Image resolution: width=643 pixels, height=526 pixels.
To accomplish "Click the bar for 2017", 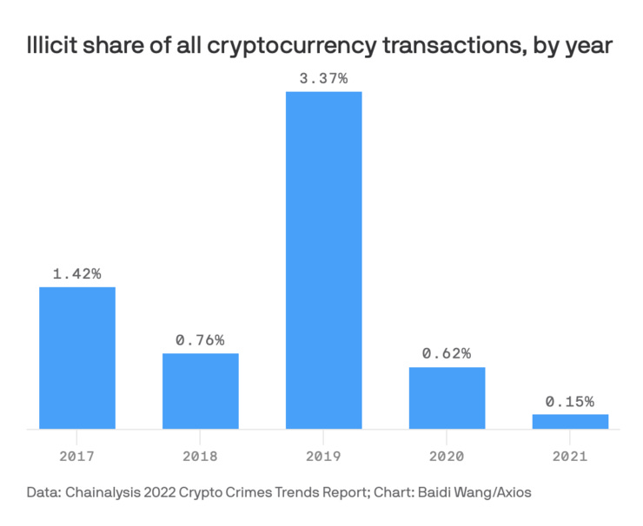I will click(x=77, y=358).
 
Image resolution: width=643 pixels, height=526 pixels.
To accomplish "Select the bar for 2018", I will click(x=201, y=391).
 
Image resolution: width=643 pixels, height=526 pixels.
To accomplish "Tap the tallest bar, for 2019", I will click(x=323, y=260).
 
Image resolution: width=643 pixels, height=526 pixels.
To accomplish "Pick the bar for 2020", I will click(x=447, y=398).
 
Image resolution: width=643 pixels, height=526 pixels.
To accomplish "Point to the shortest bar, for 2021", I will click(x=570, y=421).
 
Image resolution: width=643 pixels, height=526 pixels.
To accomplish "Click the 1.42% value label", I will click(x=77, y=273).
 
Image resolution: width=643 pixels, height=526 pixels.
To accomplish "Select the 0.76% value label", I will click(x=201, y=339).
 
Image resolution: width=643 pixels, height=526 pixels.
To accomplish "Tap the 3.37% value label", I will click(x=323, y=78).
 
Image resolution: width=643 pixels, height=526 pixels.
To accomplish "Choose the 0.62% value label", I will click(x=447, y=353).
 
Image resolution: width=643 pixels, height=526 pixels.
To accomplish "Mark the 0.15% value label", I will click(x=570, y=401).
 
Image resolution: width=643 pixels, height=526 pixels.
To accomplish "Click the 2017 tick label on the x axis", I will click(x=77, y=455).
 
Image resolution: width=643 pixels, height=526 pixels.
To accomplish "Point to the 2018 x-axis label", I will click(x=201, y=455).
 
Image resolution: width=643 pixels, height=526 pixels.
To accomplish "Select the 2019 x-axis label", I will click(x=323, y=455).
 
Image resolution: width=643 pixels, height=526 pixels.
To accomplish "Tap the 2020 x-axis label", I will click(x=447, y=455).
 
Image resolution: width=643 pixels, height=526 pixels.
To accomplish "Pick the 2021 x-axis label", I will click(x=570, y=455).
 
